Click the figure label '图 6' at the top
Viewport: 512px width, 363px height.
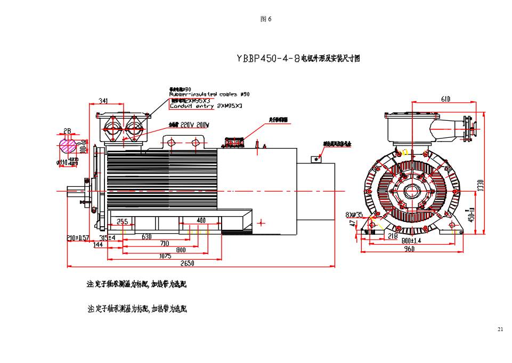point(266,19)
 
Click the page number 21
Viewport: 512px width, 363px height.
point(500,329)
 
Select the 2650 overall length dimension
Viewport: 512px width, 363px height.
point(187,263)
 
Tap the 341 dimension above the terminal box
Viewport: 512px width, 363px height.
point(103,101)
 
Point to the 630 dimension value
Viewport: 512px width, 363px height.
point(147,237)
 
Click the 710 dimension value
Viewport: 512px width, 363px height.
point(165,243)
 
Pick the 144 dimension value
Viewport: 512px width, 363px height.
point(98,245)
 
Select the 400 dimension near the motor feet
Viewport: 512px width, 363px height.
point(201,220)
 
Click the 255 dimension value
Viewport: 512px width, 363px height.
point(122,221)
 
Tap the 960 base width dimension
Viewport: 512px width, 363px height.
point(409,249)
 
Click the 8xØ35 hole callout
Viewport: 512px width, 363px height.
point(354,215)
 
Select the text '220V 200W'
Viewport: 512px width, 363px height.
point(195,125)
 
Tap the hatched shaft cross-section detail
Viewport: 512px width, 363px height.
point(68,145)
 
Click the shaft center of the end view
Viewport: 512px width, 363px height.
point(411,192)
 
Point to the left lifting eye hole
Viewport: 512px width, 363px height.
point(172,142)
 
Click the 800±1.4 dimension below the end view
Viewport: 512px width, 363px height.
point(411,241)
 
